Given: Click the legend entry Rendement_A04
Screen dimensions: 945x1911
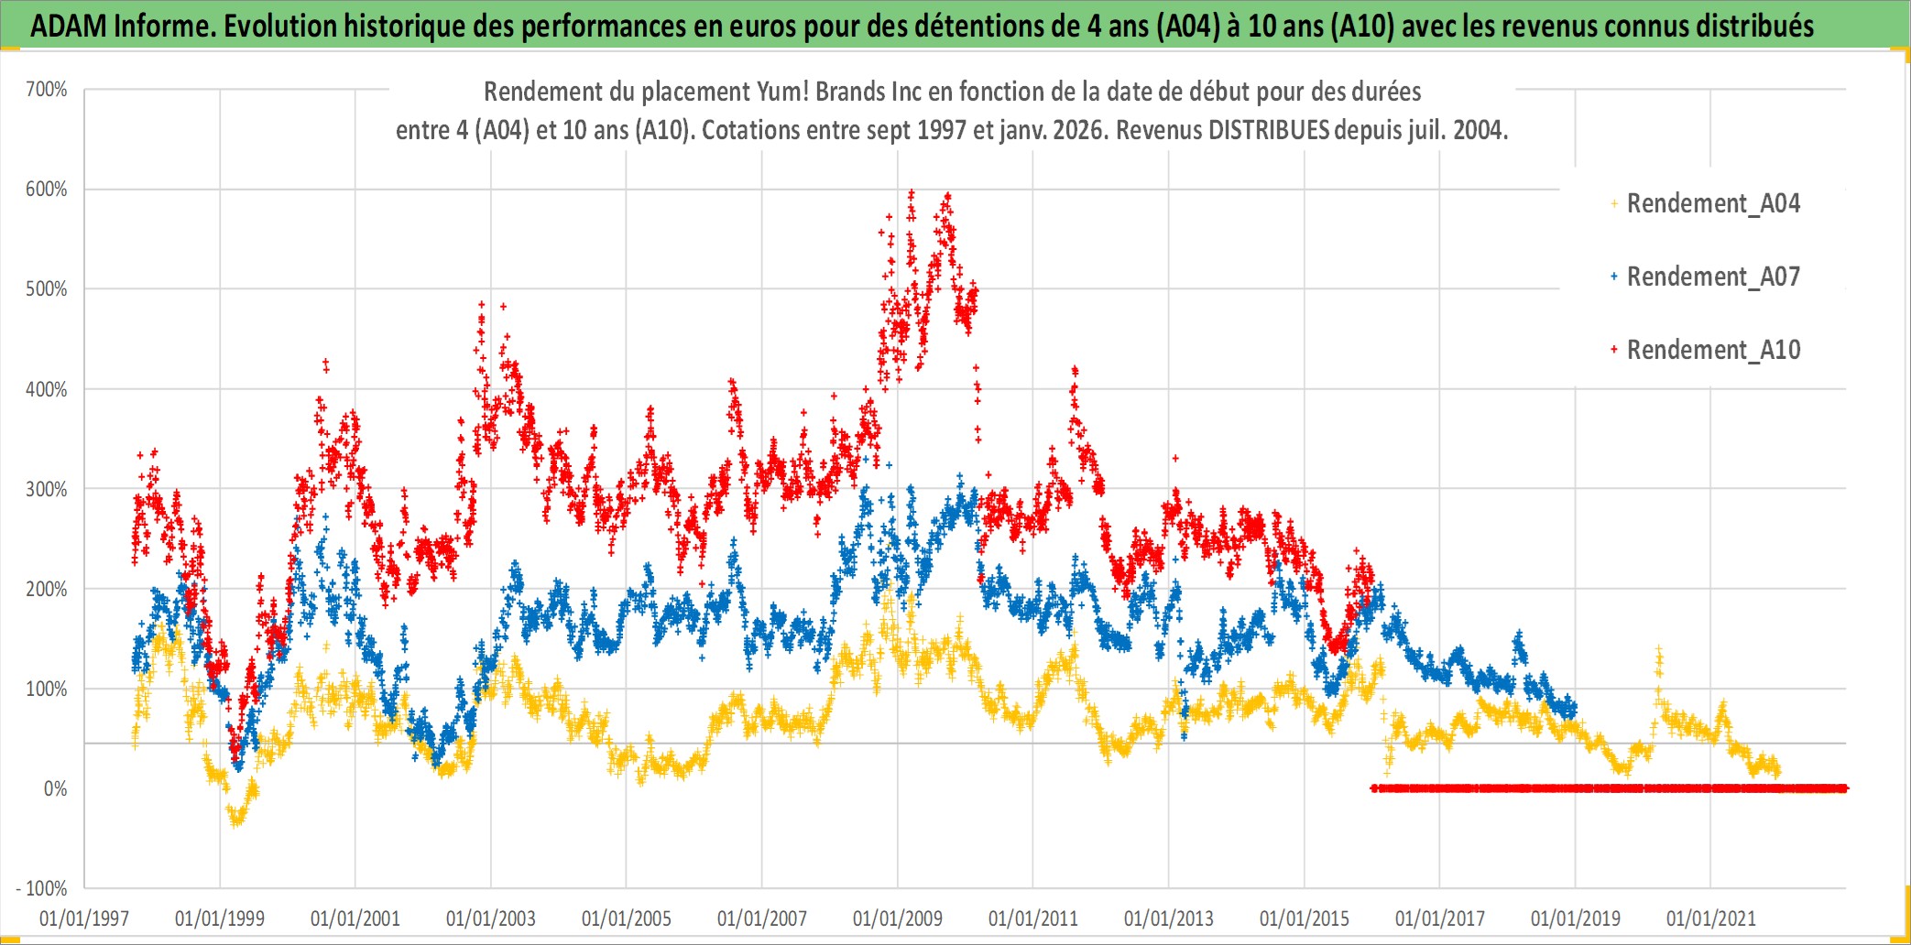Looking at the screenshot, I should [1713, 203].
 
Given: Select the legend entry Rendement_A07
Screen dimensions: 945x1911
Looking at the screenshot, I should [1713, 277].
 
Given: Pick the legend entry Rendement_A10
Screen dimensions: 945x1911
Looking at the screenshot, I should [1713, 350].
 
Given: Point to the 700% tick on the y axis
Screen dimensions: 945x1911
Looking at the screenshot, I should [47, 90].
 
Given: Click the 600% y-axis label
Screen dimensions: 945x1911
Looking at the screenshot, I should [47, 190].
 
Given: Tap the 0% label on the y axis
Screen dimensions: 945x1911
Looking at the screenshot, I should [55, 788].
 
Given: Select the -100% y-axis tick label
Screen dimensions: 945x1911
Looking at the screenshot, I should [42, 888].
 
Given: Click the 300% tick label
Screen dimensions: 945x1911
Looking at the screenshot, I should [47, 489].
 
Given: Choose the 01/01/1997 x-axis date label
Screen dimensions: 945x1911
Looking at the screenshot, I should [84, 918].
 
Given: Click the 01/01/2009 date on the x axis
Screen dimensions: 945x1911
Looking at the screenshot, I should [898, 918].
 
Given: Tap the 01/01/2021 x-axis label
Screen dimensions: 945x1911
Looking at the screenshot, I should [1711, 918].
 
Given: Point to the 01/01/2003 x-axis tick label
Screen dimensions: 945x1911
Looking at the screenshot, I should [491, 918].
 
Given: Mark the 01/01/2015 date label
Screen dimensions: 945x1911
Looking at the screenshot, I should [1305, 918].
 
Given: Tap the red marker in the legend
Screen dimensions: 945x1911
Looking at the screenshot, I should [1614, 350].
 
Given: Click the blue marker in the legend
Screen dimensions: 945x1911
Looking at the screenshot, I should [1614, 277].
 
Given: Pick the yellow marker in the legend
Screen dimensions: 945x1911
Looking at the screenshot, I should [1614, 203].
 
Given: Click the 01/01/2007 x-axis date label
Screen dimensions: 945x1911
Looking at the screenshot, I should [762, 918].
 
